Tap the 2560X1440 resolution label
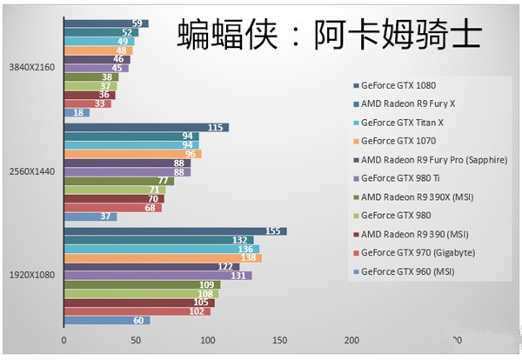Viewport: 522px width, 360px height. point(31,171)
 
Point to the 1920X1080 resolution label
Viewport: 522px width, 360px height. point(31,275)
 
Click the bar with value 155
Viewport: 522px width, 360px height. point(174,231)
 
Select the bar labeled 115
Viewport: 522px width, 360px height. point(145,127)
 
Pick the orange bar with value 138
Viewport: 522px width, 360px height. point(162,258)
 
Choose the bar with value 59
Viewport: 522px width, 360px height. point(105,23)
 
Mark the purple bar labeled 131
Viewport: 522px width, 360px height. point(157,276)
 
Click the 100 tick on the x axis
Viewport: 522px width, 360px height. point(207,339)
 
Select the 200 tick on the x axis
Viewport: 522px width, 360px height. point(351,339)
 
